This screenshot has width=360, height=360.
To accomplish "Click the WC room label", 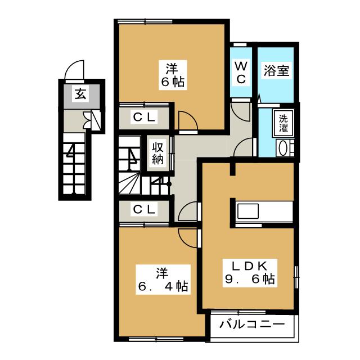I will coord(240,73).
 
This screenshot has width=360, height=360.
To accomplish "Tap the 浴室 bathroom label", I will coord(276,71).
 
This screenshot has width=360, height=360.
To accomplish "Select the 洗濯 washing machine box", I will coord(284,123).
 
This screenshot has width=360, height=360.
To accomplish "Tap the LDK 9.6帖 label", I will coord(247,272).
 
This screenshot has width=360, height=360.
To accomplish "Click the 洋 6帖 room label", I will coord(172,75).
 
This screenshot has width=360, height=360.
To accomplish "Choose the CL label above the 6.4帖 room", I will coord(145,209).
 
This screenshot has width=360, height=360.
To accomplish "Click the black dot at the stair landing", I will coord(168,183).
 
